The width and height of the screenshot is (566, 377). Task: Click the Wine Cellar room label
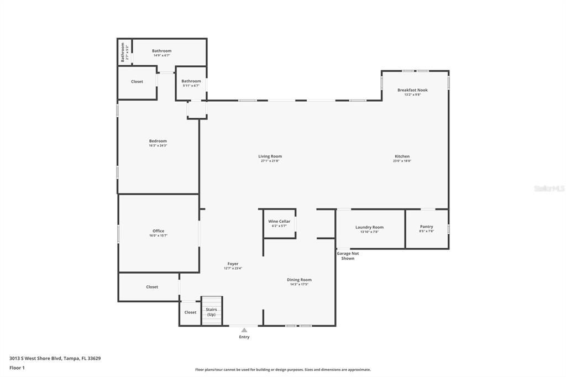point(279,221)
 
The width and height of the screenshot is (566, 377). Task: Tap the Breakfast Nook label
point(412,90)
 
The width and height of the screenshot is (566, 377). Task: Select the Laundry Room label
point(369,227)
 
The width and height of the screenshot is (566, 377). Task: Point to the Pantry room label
point(426,226)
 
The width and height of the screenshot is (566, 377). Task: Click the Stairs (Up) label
point(211,312)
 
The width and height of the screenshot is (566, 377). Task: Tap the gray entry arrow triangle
point(244,330)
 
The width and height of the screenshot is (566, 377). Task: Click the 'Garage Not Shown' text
point(348,255)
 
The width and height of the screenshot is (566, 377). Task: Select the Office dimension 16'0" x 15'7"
point(158,235)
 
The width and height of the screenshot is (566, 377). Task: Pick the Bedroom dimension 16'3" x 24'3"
point(158,145)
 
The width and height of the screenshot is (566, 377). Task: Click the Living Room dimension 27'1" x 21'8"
point(270,161)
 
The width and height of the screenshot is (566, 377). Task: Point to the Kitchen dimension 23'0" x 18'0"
point(402,161)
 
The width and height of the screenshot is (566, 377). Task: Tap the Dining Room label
point(299,280)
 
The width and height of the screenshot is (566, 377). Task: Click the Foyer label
point(233,264)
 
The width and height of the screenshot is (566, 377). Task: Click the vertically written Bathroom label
point(123,53)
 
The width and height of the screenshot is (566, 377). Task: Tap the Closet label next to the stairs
point(190,312)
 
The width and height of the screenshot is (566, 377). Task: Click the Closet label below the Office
point(152,287)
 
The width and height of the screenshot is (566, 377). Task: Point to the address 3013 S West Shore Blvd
point(55,358)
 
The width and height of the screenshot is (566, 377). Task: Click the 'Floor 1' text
point(17,368)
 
